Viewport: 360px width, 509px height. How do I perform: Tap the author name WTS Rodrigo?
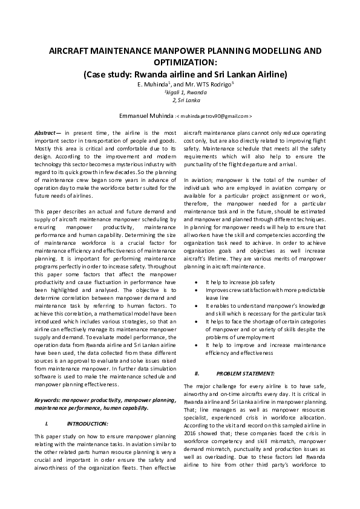[209, 84]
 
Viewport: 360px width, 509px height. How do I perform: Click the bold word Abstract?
[46, 131]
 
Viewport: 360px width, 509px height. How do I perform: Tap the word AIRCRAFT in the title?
[70, 51]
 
